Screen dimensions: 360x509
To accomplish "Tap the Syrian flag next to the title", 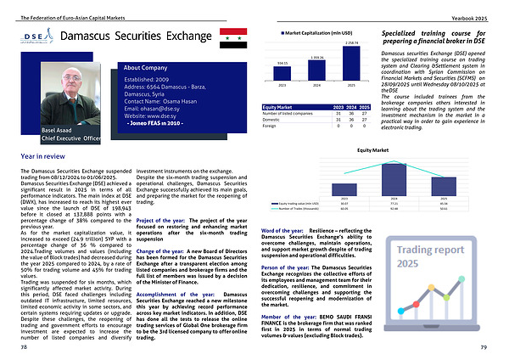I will click(x=232, y=38).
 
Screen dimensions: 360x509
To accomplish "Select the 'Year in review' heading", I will click(x=43, y=157).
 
